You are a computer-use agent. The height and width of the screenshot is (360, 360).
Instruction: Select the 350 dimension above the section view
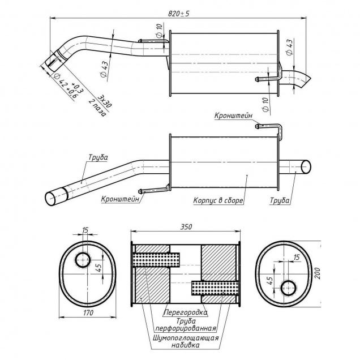tap(185, 226)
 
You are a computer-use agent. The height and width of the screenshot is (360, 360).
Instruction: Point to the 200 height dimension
tap(318, 275)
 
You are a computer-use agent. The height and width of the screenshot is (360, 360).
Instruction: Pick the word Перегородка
tap(185, 312)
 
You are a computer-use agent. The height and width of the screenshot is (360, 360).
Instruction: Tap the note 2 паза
tap(97, 108)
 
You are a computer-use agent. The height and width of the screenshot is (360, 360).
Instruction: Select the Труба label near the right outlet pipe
tap(280, 200)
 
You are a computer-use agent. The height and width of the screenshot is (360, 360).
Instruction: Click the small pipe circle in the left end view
tap(83, 260)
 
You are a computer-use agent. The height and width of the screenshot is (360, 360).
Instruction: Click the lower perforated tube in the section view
tap(213, 288)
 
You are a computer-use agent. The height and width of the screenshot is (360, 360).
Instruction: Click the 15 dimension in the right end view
tap(297, 258)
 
